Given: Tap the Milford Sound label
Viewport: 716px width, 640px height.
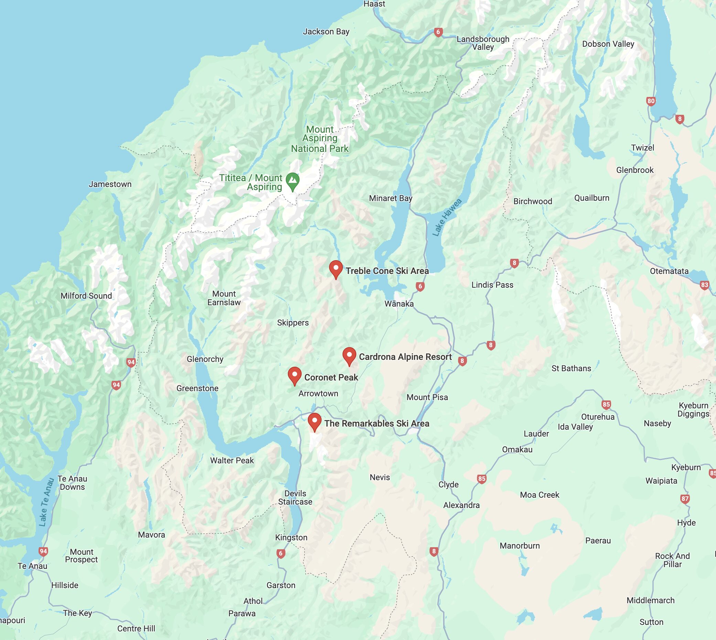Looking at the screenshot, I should coord(86,296).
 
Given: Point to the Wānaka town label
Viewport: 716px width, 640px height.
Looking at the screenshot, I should coord(399,304).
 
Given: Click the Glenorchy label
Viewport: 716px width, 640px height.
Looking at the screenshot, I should coord(205,359).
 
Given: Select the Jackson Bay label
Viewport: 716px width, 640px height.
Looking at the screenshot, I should coord(326,32).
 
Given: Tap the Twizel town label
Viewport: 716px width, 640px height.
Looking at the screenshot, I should coord(642,148).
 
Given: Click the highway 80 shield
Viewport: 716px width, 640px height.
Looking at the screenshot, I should coord(651,101).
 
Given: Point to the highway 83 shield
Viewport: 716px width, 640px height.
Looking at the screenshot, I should coord(704,285).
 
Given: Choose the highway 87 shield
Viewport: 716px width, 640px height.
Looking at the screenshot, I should coord(685,499).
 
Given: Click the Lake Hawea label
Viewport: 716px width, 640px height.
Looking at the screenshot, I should coord(446,217).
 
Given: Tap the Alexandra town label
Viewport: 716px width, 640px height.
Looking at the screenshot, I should coord(461,505).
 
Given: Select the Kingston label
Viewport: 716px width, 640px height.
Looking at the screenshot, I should coord(291,537).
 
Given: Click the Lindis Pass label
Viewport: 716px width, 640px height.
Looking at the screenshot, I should coord(492,285).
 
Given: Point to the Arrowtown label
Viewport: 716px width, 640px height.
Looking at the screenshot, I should coord(318,394).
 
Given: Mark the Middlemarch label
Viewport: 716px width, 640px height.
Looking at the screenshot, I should coord(651,600).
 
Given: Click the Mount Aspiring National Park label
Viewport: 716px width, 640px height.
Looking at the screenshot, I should coord(320,139).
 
